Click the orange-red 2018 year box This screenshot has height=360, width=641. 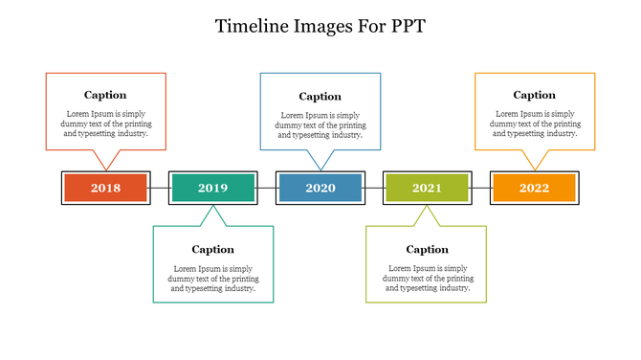point(105,188)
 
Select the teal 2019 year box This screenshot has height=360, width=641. point(212,188)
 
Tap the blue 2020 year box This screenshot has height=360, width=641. point(320,188)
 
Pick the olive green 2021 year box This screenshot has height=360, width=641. point(427,188)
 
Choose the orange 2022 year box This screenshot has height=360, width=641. point(534,188)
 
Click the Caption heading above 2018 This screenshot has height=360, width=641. point(105,95)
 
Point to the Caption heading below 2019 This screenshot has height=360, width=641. point(212,250)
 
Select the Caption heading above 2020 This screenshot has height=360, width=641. point(320,97)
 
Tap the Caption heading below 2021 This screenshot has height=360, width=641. point(427,250)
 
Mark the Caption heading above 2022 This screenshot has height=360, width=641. point(534,95)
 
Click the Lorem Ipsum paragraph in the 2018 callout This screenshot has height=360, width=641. point(105,124)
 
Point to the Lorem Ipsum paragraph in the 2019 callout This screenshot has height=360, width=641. point(212,279)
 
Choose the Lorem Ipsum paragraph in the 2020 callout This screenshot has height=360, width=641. point(320,125)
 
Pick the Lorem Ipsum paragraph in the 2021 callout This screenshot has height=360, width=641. point(427,279)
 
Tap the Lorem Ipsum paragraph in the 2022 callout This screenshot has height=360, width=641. point(534,124)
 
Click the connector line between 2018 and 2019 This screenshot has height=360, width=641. point(160,188)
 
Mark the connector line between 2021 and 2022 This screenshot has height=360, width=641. point(481,188)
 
